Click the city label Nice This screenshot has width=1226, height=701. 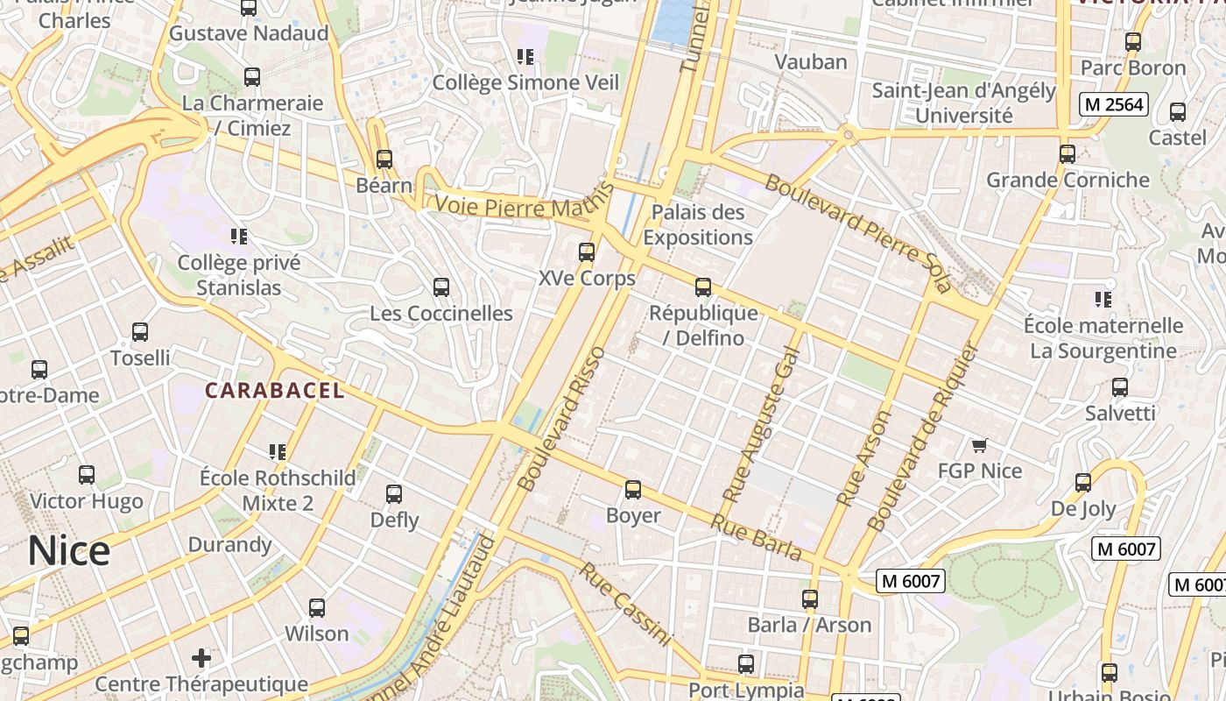click(69, 551)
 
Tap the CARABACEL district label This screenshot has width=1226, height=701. click(275, 391)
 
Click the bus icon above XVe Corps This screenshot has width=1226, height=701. click(587, 252)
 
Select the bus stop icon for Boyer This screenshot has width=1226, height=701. click(633, 490)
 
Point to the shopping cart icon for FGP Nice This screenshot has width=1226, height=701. click(980, 445)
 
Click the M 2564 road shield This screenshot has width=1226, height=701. click(1113, 104)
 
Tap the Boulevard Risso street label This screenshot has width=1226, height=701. click(562, 419)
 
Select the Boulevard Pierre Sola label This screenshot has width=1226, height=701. click(857, 233)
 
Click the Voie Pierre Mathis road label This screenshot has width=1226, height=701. click(520, 208)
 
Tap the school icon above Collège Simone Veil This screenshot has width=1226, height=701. click(525, 57)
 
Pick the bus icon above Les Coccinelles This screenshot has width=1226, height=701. click(441, 287)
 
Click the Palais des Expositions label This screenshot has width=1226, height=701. click(698, 224)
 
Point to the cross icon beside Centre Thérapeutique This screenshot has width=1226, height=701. click(201, 657)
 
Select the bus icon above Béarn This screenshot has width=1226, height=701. click(384, 159)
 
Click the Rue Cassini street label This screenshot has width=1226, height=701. click(625, 605)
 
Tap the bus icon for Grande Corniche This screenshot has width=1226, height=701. click(1067, 154)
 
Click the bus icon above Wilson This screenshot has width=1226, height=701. click(317, 607)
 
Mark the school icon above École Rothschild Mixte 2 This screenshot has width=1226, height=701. click(278, 452)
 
